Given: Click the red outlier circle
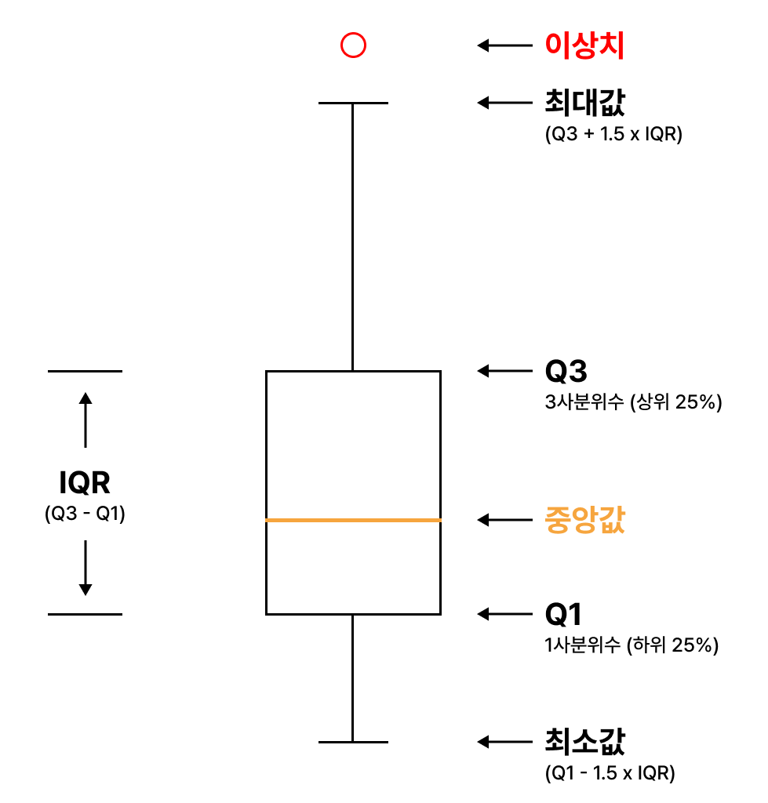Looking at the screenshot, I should [x=353, y=46].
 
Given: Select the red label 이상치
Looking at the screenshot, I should [x=584, y=46].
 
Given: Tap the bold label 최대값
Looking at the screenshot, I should [x=584, y=102].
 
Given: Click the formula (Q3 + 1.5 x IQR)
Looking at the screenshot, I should [x=613, y=134].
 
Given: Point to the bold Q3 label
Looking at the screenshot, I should [x=566, y=371].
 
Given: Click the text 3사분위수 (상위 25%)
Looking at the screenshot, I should [x=632, y=403].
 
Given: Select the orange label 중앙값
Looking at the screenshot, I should [x=584, y=520].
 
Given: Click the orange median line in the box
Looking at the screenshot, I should [x=353, y=520].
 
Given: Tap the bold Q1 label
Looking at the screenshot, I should [x=564, y=614].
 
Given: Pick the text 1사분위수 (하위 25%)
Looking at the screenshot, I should [x=632, y=646].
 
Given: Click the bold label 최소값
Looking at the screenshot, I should [x=584, y=741].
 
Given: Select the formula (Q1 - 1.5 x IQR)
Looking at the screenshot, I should [x=610, y=773].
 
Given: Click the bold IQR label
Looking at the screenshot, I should [x=85, y=483].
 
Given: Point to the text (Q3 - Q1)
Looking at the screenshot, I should [x=85, y=514].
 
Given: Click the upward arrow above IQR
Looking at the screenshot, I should [x=86, y=419].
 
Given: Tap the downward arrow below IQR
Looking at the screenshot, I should [x=86, y=568].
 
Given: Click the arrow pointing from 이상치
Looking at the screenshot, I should [x=504, y=46].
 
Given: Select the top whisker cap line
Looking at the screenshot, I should [x=353, y=103].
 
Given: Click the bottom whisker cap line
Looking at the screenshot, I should [x=353, y=741].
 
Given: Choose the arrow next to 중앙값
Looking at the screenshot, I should [x=504, y=520].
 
